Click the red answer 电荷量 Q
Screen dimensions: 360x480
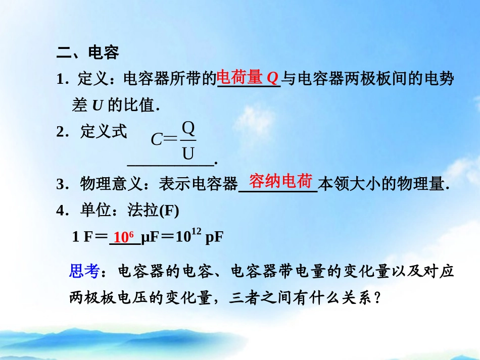(248, 78)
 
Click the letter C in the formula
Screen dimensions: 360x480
(157, 140)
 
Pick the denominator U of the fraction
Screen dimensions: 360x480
(188, 153)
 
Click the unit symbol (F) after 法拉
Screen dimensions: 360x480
(169, 212)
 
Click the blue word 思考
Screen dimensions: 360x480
(83, 272)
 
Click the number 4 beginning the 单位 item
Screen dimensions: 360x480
(60, 212)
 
